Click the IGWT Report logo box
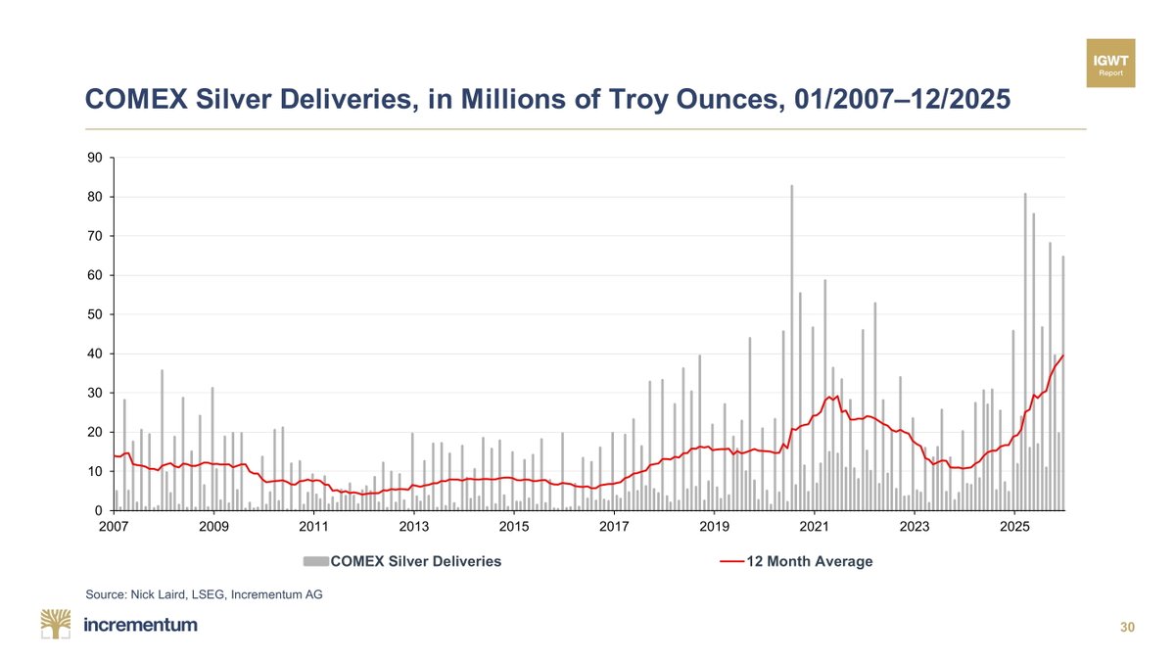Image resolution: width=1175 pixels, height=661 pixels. (1111, 64)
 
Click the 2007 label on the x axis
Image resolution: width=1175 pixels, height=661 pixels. (114, 527)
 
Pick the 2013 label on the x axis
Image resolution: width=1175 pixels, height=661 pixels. (414, 527)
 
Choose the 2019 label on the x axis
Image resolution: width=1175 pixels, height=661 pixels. (715, 527)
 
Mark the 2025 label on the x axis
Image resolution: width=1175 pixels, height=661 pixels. (1014, 527)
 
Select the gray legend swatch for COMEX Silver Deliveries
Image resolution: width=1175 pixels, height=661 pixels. (315, 561)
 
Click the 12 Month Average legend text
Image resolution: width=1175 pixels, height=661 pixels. (809, 561)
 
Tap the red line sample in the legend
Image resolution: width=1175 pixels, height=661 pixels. (732, 561)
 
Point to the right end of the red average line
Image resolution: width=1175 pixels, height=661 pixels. (1063, 355)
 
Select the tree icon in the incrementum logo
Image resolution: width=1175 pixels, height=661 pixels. (56, 624)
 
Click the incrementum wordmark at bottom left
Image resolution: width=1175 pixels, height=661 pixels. (141, 625)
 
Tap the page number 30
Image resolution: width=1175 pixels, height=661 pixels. (1127, 628)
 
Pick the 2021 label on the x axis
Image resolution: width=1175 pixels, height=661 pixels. (815, 527)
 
